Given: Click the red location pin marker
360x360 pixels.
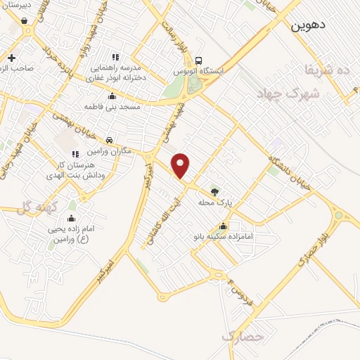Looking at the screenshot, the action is coord(181,165).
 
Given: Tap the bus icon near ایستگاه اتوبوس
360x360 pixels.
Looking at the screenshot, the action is coord(199,60).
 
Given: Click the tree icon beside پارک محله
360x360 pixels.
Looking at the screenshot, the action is coord(214,191).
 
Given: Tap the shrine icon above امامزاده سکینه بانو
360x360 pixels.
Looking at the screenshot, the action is coord(223,226).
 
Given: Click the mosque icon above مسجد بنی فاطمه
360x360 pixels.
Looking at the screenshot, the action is coord(111,96).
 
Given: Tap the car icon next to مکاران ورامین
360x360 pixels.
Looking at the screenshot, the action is coord(109,141).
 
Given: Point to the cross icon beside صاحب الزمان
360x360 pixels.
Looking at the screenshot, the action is coord(11,57).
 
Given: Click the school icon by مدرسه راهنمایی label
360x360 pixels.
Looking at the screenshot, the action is coord(115,56).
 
